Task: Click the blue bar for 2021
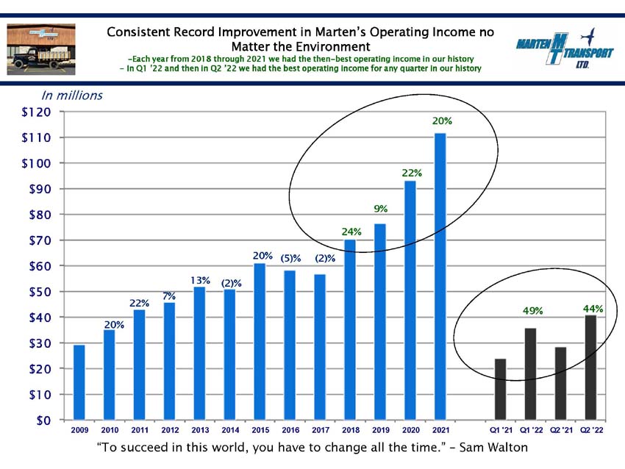pyautogui.click(x=440, y=276)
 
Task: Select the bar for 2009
pyautogui.click(x=79, y=382)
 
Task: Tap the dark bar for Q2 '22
pyautogui.click(x=590, y=368)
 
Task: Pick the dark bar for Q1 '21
pyautogui.click(x=500, y=389)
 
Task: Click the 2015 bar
pyautogui.click(x=260, y=342)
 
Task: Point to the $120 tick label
pyautogui.click(x=36, y=112)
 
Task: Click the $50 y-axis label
pyautogui.click(x=40, y=292)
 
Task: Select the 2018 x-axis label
pyautogui.click(x=351, y=430)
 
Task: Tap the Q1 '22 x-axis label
pyautogui.click(x=532, y=430)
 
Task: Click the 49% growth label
pyautogui.click(x=533, y=310)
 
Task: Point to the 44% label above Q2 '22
pyautogui.click(x=593, y=309)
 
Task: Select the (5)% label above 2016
pyautogui.click(x=290, y=258)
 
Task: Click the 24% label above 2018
pyautogui.click(x=351, y=232)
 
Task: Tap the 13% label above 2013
pyautogui.click(x=200, y=281)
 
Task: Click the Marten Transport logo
pyautogui.click(x=565, y=48)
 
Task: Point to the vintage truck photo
pyautogui.click(x=41, y=49)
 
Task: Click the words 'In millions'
pyautogui.click(x=72, y=96)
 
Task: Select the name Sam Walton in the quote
pyautogui.click(x=493, y=447)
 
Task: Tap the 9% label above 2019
pyautogui.click(x=381, y=208)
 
